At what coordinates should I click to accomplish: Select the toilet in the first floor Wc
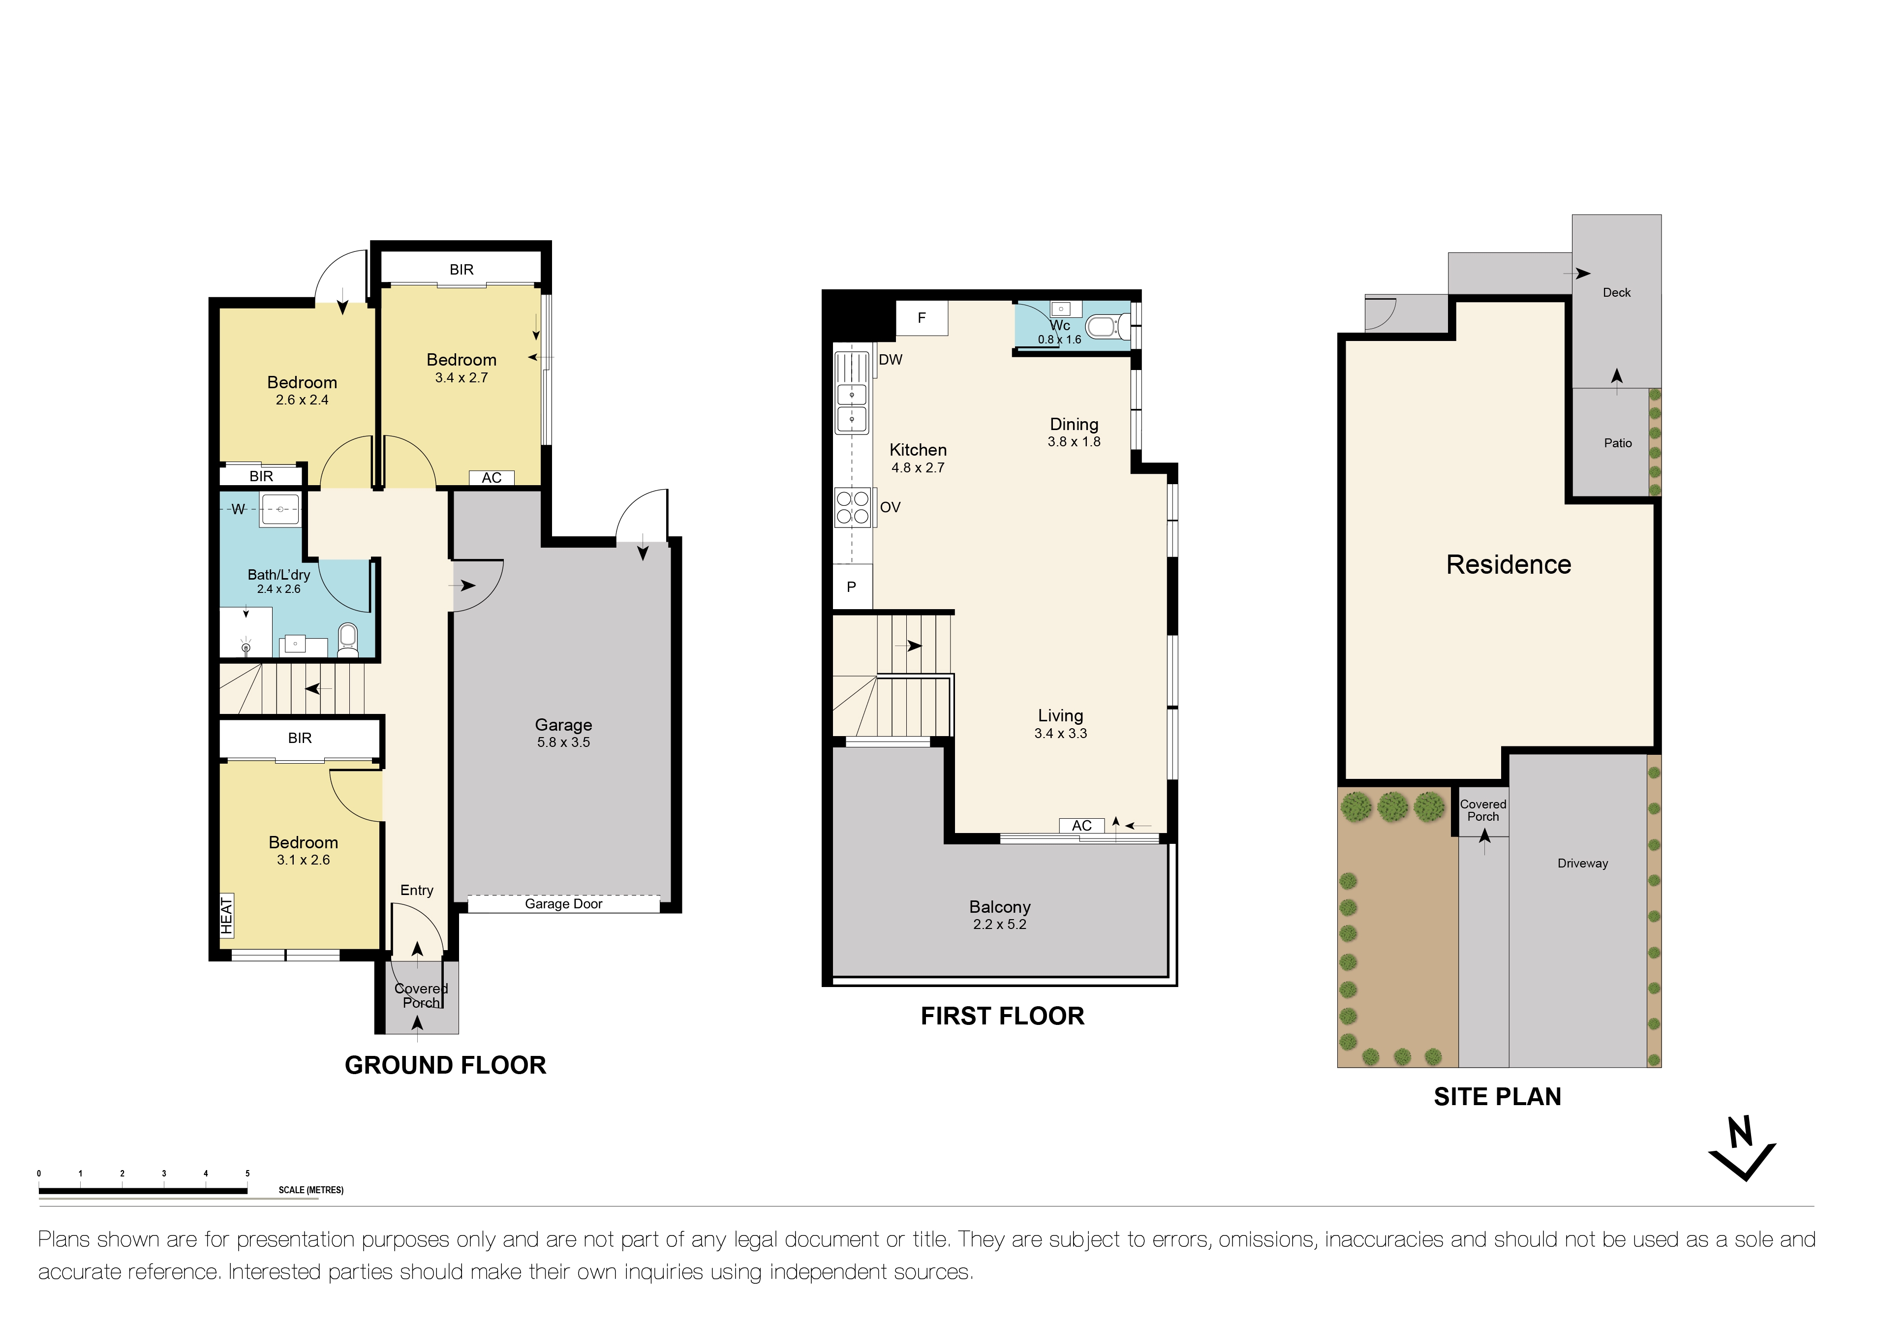click(x=1102, y=327)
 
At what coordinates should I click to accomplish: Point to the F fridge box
click(x=922, y=318)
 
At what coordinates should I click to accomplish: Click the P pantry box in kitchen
click(x=851, y=587)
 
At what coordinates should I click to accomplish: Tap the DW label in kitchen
click(x=891, y=359)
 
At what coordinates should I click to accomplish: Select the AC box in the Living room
click(x=1081, y=826)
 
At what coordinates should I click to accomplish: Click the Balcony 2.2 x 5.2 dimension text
click(x=999, y=925)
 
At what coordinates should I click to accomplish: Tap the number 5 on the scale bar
click(x=247, y=1174)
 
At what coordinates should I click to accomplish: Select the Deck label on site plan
click(x=1616, y=293)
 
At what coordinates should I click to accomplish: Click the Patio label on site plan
click(x=1617, y=443)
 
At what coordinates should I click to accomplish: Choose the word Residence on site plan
click(x=1509, y=565)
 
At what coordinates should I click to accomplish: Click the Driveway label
click(x=1582, y=864)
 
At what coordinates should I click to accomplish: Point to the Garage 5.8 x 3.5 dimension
click(x=563, y=742)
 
